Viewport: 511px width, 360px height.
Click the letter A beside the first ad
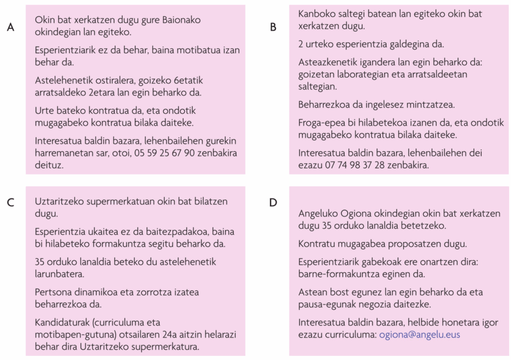click(10, 27)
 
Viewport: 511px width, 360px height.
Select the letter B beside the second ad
click(273, 27)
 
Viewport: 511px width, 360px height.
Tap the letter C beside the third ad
click(10, 203)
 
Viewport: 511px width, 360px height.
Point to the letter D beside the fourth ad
click(272, 203)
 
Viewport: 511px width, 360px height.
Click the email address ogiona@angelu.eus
click(419, 335)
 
